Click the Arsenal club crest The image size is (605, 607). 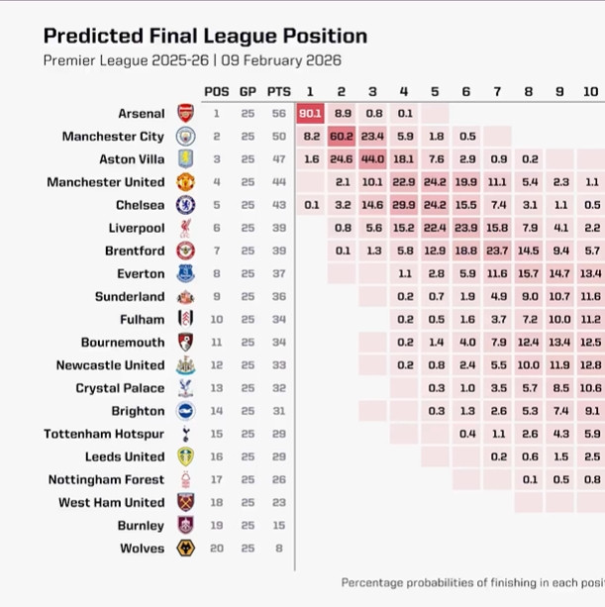point(185,113)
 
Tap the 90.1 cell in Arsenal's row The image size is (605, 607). point(310,113)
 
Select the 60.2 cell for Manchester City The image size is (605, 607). point(342,136)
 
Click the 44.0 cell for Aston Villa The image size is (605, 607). point(373,158)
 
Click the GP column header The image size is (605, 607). point(248,91)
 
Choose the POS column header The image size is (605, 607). point(217,91)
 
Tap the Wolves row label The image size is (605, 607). point(142,548)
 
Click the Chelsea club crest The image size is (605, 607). point(185,205)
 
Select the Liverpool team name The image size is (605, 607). point(137,228)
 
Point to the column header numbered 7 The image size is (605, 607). point(498,91)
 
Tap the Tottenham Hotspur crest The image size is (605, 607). point(185,434)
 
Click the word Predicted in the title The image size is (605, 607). point(90,37)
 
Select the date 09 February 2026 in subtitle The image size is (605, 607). point(282,60)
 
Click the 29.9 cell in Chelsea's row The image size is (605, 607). point(404,205)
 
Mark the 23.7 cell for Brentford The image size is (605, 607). point(498,251)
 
